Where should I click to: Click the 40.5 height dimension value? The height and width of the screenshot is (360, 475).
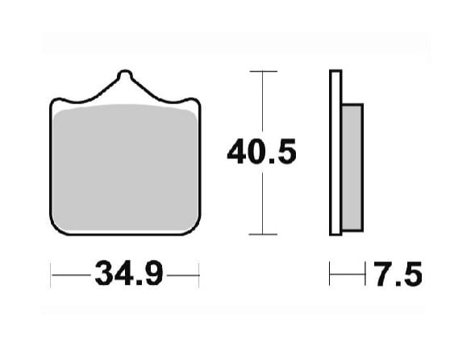click(x=261, y=151)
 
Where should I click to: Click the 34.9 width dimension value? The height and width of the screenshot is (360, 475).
click(x=129, y=274)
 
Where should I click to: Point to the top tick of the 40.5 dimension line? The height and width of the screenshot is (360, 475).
click(x=263, y=72)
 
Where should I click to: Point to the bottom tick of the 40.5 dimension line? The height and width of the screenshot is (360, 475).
click(x=263, y=234)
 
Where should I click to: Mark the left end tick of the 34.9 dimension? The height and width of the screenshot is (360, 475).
click(x=51, y=274)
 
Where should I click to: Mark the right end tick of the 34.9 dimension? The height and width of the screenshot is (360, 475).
click(x=198, y=274)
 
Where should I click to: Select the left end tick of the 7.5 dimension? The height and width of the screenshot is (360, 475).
click(x=329, y=274)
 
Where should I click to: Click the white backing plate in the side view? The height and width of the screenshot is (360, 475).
click(x=335, y=153)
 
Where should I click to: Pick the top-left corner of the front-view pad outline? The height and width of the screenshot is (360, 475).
click(x=53, y=100)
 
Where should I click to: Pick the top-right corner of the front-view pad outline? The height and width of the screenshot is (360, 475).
click(x=196, y=100)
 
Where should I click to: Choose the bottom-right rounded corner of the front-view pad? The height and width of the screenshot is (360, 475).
click(x=193, y=228)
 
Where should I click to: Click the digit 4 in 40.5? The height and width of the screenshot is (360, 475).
click(x=236, y=151)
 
